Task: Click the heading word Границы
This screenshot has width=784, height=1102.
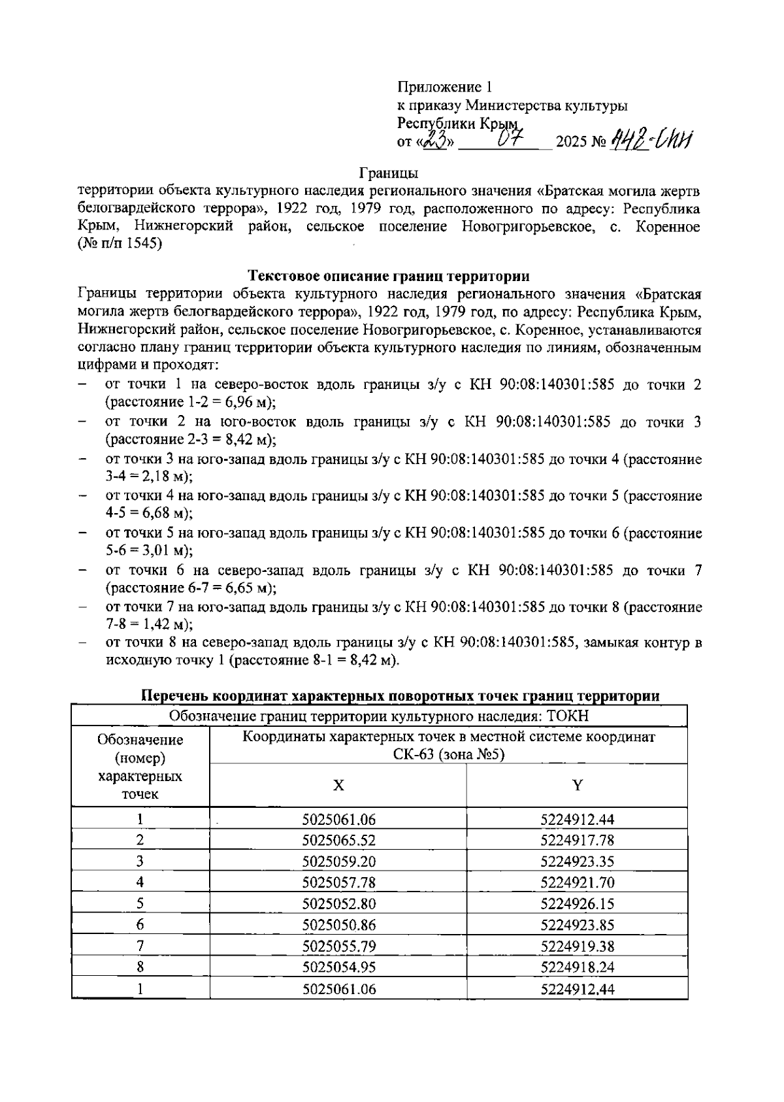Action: click(389, 173)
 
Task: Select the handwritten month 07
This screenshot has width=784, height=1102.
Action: click(509, 138)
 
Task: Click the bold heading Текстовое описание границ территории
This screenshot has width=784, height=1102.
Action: click(389, 275)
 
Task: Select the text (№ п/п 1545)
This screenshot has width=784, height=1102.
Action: click(120, 245)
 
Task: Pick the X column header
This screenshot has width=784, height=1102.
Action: click(338, 785)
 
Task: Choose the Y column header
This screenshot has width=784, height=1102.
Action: click(578, 785)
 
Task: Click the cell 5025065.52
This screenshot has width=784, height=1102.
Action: click(339, 841)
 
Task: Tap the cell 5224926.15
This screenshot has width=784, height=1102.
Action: click(578, 904)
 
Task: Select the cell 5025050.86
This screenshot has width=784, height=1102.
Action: click(339, 925)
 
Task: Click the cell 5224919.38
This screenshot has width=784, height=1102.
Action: click(578, 946)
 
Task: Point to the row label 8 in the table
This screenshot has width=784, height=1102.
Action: click(140, 967)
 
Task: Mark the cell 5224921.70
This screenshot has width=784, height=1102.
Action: click(578, 883)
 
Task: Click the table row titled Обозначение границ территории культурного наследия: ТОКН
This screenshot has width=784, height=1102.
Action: click(379, 716)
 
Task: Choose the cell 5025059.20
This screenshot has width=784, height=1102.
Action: click(339, 861)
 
